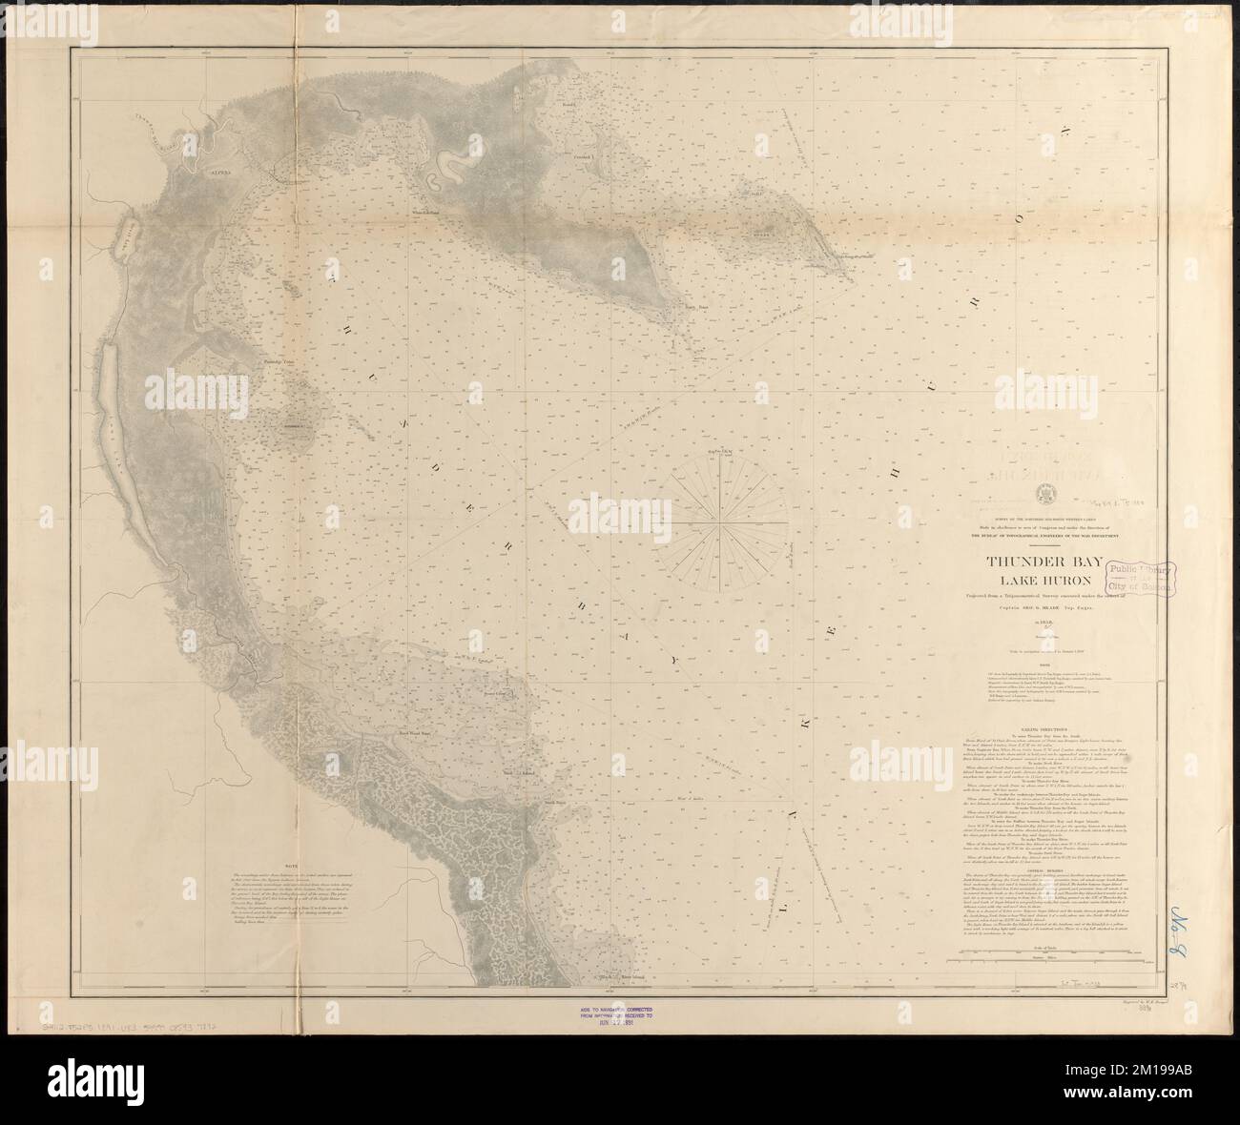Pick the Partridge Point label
[x=280, y=363]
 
